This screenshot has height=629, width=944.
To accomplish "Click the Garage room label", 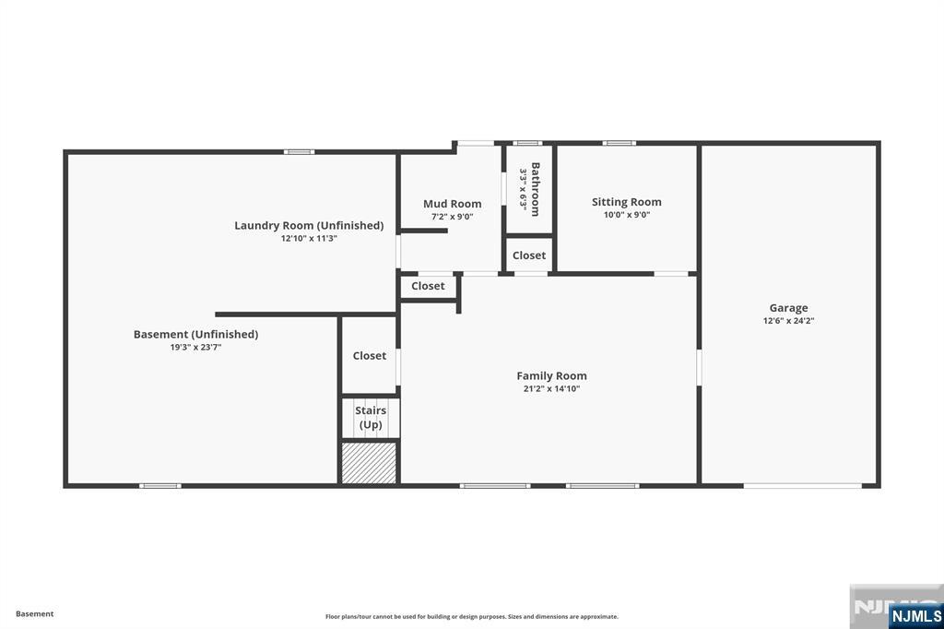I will coord(788,308).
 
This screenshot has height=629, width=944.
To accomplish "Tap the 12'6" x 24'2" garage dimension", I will coord(788,321).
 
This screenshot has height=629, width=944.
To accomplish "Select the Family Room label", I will coord(551,375).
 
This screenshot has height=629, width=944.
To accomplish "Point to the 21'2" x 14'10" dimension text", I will coord(551,389).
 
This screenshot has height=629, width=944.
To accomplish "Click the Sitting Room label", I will coord(626,202).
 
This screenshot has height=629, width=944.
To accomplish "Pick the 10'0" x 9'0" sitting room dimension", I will coord(626,215).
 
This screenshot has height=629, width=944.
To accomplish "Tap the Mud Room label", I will coord(452,204).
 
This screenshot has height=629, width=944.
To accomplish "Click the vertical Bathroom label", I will coord(535,189).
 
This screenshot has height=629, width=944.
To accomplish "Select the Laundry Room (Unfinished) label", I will coord(309,225).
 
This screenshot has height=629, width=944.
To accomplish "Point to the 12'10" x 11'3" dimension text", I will coord(309,238).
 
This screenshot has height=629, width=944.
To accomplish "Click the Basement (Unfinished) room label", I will coord(195,334).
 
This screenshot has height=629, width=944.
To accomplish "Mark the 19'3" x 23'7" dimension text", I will coord(195,348).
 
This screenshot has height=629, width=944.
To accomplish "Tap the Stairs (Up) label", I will coord(371,417).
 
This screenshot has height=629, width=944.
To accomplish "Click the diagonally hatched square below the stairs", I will coord(369,463).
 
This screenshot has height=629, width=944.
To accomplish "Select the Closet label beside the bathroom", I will coord(529,255).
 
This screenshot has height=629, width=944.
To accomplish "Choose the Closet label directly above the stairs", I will coord(369,355).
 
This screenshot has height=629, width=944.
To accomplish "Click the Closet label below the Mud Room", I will coord(428,286).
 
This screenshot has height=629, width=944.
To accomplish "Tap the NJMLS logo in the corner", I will coord(915,615).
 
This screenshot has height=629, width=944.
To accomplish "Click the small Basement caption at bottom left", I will coord(35,613).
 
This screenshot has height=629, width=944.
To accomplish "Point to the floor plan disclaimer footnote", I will coord(471,617).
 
